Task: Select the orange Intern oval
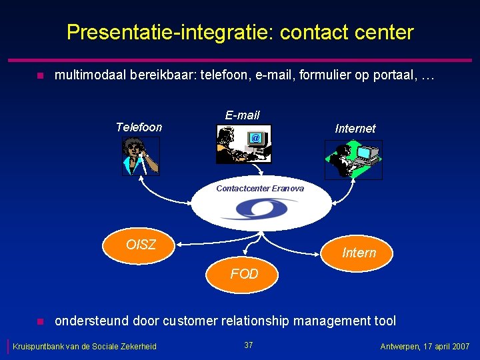pos(359,253)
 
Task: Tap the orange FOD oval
pos(244,274)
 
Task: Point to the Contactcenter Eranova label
pos(260,189)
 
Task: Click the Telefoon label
pos(139,127)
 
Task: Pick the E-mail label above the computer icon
pos(242,115)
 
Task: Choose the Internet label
pos(355,129)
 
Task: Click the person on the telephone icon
pos(141,157)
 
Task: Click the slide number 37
pos(249,345)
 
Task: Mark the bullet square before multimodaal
pos(39,77)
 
